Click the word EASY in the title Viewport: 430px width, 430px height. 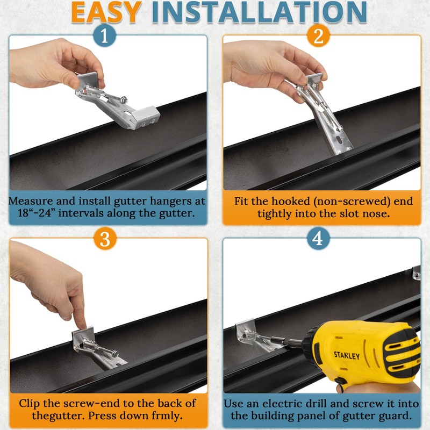click(x=106, y=12)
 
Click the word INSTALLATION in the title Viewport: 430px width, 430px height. click(x=259, y=12)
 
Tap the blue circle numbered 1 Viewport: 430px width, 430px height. click(x=104, y=36)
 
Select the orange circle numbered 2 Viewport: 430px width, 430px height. click(x=318, y=36)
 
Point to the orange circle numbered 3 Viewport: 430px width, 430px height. click(x=105, y=239)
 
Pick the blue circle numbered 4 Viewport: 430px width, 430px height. click(x=318, y=239)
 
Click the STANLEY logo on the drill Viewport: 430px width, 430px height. click(x=347, y=355)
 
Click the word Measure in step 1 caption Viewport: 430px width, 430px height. click(x=31, y=201)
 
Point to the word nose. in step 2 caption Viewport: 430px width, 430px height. click(x=376, y=213)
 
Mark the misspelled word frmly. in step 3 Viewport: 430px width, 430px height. click(x=166, y=415)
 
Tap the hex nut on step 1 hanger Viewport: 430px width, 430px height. click(x=124, y=99)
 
